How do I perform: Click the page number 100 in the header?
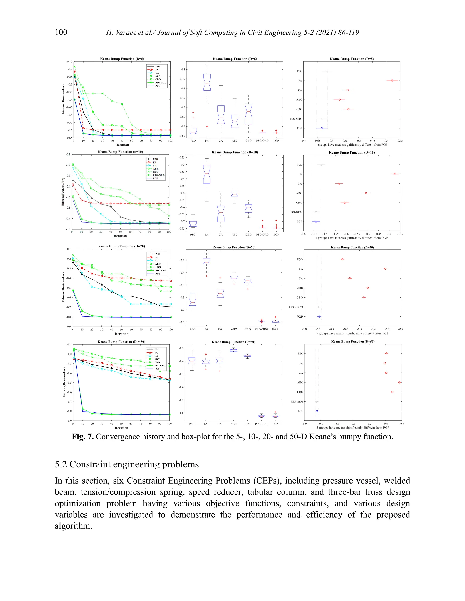tap(61, 32)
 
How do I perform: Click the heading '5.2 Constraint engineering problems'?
tap(127, 464)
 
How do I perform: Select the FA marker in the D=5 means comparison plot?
tap(392, 81)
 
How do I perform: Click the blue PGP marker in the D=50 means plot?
tap(317, 411)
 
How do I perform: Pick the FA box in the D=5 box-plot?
tap(207, 82)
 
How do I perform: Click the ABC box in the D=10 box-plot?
tap(234, 193)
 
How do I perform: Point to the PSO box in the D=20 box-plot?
tap(193, 299)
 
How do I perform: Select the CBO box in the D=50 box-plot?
tap(247, 356)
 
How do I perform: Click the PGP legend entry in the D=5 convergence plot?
tap(157, 86)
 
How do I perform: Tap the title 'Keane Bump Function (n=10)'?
tap(120, 152)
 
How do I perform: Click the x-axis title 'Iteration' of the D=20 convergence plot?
tap(121, 334)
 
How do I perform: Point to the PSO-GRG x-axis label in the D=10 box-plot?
tap(262, 235)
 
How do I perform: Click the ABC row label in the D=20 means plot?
tap(300, 288)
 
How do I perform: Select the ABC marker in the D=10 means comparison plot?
tap(366, 193)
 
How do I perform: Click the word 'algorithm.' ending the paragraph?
tap(73, 526)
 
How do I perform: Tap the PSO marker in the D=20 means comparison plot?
tap(342, 259)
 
